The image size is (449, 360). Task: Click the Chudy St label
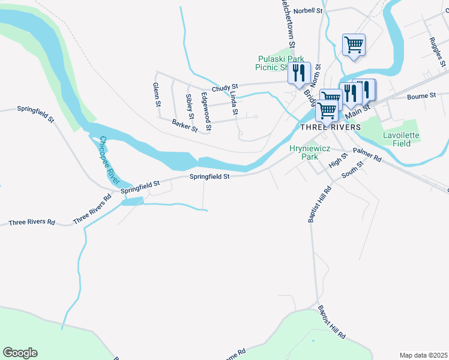click(x=224, y=87)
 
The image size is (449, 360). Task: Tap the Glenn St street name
click(x=157, y=95)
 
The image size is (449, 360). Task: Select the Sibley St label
click(x=190, y=106)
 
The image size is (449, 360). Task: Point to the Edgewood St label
click(x=206, y=112)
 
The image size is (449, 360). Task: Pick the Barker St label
click(x=184, y=125)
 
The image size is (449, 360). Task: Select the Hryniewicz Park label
click(x=303, y=152)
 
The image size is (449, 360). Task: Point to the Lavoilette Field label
click(x=397, y=139)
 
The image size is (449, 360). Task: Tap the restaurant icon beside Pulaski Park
click(x=298, y=73)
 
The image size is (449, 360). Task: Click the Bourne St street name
click(x=421, y=96)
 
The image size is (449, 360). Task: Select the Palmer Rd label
click(x=367, y=156)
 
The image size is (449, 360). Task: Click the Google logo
click(x=20, y=353)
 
